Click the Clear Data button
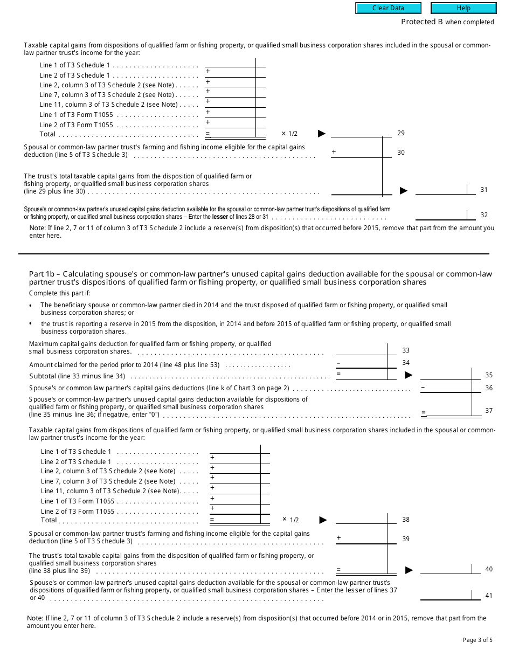(388, 8)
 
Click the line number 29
(401, 133)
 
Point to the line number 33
(406, 350)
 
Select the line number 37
(489, 411)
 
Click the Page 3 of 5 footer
(478, 640)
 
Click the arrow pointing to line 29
(322, 134)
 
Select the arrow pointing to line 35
(409, 375)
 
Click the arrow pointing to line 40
(409, 570)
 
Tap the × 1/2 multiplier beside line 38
(290, 520)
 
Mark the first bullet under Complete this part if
(31, 306)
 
